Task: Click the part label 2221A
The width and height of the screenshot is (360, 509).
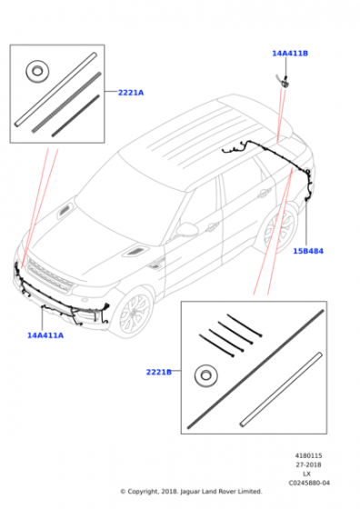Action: point(131,93)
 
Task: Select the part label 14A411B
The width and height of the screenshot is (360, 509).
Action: point(290,54)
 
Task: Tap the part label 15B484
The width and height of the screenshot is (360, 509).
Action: point(308,251)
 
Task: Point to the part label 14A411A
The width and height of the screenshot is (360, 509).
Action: point(45,335)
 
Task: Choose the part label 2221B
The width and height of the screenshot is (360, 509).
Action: point(159,372)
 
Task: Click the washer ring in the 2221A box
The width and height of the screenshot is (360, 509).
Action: point(37,72)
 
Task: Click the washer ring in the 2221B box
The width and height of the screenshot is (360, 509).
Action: point(206,376)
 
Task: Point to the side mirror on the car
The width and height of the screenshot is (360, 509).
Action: point(186,229)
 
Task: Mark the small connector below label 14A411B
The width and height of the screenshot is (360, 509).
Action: point(284,82)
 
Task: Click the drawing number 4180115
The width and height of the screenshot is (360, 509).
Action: point(308,455)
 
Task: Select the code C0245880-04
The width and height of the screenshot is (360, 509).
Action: point(309,483)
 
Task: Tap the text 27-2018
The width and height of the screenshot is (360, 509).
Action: point(308,464)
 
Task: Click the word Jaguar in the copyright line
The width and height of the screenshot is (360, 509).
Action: point(190,492)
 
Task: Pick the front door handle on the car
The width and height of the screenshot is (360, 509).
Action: point(213,226)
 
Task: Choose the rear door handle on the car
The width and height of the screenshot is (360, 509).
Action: point(265,194)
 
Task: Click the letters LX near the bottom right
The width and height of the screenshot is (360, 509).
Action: point(306,474)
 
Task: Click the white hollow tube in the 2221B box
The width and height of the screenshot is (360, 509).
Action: point(281,389)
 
